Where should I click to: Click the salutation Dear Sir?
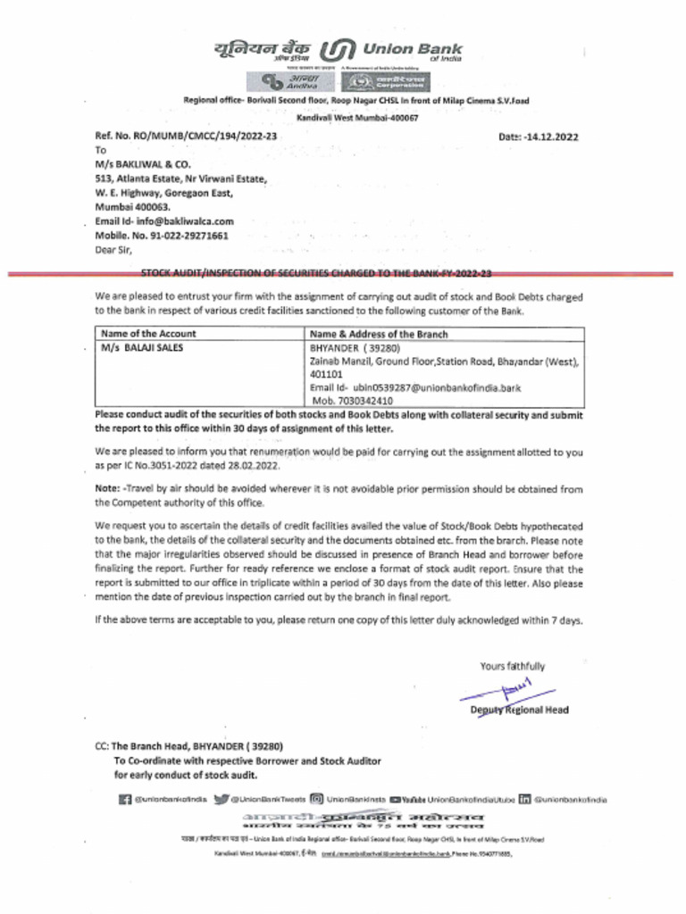click(x=113, y=249)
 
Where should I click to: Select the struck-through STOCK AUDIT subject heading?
click(x=317, y=274)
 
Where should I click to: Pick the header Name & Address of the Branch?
click(x=379, y=334)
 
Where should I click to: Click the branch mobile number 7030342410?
click(x=364, y=401)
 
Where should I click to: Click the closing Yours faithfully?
click(x=512, y=666)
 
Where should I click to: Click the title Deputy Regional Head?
click(x=519, y=710)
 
